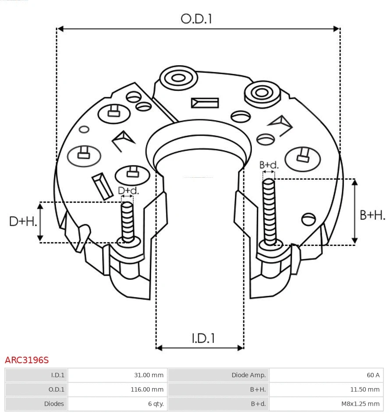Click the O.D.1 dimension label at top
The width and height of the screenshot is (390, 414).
point(196,19)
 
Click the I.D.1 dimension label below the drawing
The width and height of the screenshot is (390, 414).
point(203,338)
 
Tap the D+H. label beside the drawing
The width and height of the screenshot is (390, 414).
point(23,221)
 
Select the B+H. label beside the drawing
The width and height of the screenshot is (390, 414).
point(372,215)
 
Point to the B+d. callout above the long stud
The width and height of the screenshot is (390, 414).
point(269,165)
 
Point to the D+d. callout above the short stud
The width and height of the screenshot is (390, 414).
point(128,191)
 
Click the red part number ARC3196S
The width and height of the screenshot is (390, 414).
point(27,360)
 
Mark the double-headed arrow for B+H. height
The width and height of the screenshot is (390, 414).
point(355,211)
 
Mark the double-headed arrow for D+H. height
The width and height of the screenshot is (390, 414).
point(40,222)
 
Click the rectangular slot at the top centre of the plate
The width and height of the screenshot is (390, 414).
point(205,103)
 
